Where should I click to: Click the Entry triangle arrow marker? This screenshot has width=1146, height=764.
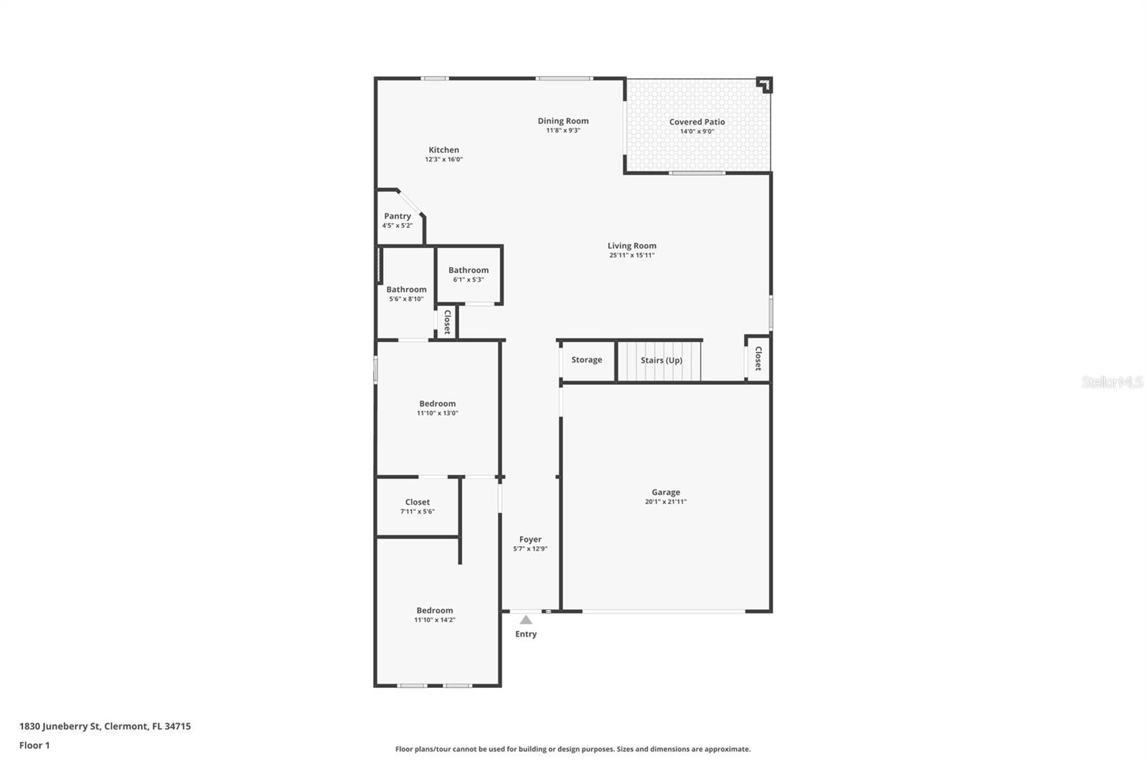pyautogui.click(x=526, y=620)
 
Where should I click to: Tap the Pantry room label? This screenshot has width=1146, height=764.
pyautogui.click(x=398, y=216)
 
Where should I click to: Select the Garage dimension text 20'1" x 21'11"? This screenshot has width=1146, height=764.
pyautogui.click(x=665, y=502)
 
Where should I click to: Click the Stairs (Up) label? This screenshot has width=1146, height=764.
pyautogui.click(x=661, y=360)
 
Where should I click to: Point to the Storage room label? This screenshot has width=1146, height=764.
pyautogui.click(x=587, y=360)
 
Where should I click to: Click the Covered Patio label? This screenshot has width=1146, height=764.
pyautogui.click(x=697, y=122)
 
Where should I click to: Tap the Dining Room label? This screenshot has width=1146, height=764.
pyautogui.click(x=563, y=120)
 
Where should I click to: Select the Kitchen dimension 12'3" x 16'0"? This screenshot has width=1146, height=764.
pyautogui.click(x=444, y=159)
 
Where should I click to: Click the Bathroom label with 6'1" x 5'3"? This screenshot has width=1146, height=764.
pyautogui.click(x=468, y=270)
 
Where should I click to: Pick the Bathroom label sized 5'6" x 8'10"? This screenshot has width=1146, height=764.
pyautogui.click(x=406, y=290)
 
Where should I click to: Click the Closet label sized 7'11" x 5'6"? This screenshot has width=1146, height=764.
pyautogui.click(x=418, y=502)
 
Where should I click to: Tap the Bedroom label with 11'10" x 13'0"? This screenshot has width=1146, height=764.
pyautogui.click(x=438, y=404)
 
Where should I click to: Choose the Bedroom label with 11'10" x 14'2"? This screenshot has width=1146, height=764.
pyautogui.click(x=435, y=611)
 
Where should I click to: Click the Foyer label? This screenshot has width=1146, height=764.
pyautogui.click(x=530, y=539)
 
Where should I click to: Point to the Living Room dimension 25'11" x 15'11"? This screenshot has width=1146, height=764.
pyautogui.click(x=632, y=255)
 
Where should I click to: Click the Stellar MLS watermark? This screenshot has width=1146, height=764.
pyautogui.click(x=1112, y=382)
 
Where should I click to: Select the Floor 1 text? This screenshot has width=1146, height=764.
pyautogui.click(x=34, y=745)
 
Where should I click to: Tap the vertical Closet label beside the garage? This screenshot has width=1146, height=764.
pyautogui.click(x=758, y=358)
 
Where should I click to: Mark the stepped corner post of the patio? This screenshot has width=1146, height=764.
pyautogui.click(x=765, y=85)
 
